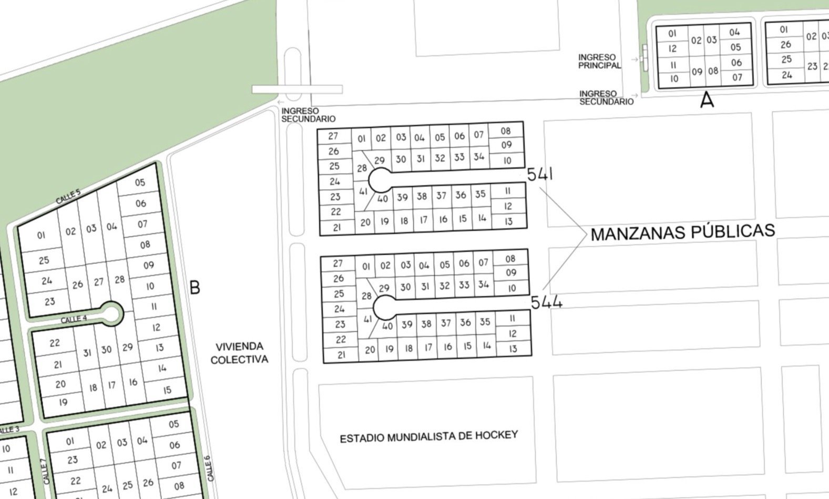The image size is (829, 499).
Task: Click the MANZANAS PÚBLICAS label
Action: (x=682, y=232)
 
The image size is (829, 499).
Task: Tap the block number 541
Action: (x=539, y=174)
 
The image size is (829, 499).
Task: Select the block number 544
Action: (x=546, y=302)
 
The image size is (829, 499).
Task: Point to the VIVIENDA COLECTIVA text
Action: (x=239, y=353)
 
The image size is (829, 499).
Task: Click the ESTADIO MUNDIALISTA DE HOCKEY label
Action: (x=428, y=436)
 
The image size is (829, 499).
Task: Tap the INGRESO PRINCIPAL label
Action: (x=599, y=61)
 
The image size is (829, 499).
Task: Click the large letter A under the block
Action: (x=707, y=100)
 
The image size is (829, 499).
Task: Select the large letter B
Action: (x=195, y=288)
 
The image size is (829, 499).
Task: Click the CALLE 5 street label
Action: (x=68, y=197)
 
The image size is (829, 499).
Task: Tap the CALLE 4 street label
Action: (x=74, y=319)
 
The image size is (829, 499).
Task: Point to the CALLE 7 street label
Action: (x=46, y=471)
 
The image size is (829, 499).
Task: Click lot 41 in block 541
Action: (x=363, y=192)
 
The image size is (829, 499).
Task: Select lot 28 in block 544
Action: (x=366, y=296)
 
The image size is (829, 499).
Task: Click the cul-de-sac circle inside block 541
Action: (x=380, y=180)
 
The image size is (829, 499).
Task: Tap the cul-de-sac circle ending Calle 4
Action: (x=111, y=313)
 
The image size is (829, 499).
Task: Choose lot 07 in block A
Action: (x=737, y=77)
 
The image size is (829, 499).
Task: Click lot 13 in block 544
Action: (x=513, y=348)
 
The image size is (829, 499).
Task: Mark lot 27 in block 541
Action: (x=333, y=136)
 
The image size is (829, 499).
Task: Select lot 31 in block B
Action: (x=87, y=353)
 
